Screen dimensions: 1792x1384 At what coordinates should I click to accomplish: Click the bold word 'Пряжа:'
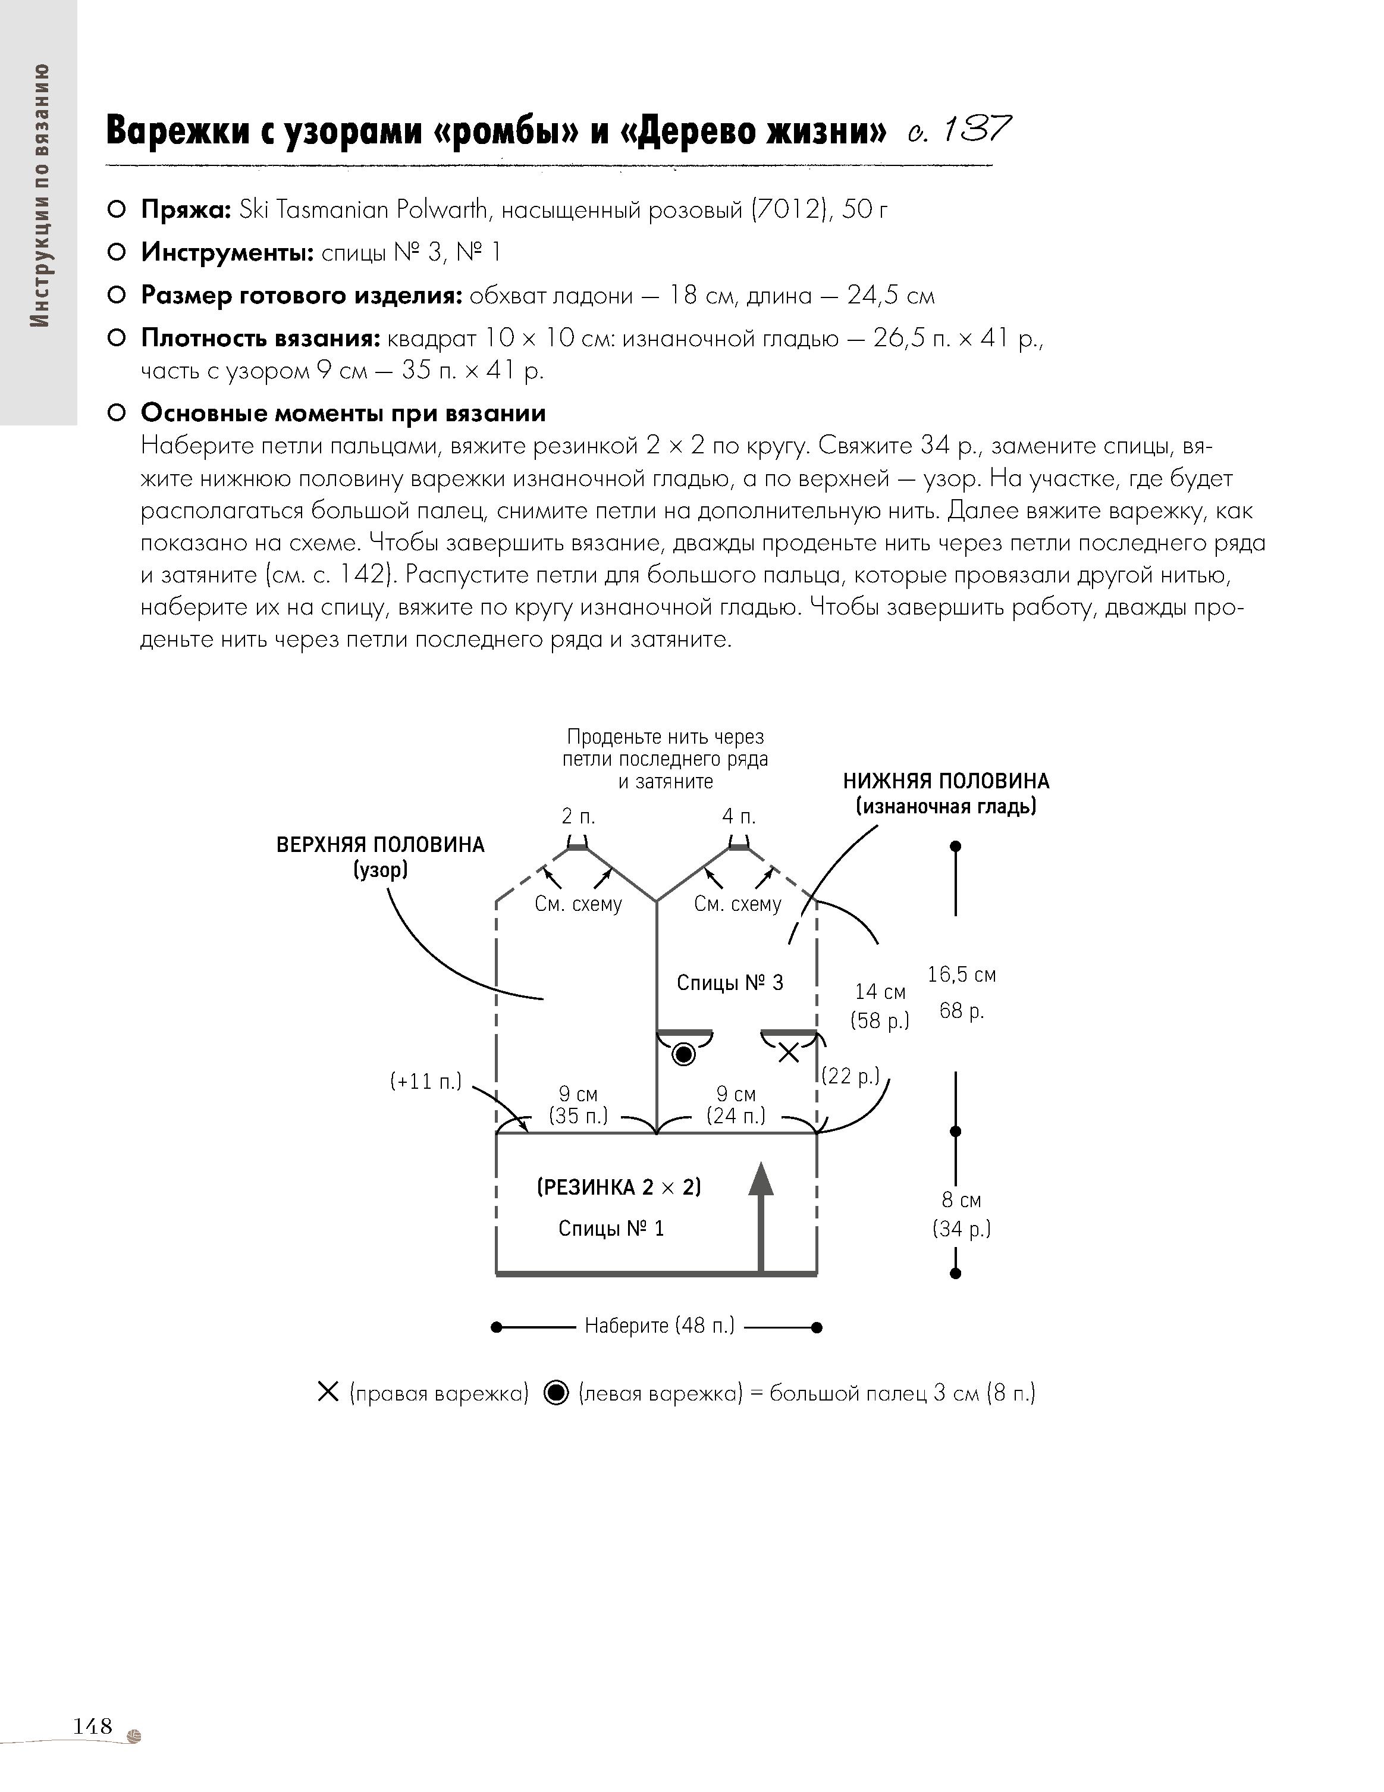click(x=186, y=210)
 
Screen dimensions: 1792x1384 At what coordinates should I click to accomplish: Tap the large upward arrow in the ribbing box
click(x=762, y=1215)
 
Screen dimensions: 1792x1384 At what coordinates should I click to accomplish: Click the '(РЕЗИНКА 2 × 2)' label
click(x=619, y=1188)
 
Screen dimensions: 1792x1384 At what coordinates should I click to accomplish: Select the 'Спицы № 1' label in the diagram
click(x=611, y=1229)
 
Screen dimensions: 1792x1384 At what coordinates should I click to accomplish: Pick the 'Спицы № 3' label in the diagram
click(x=729, y=982)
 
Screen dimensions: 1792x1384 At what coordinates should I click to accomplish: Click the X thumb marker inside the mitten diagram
click(x=789, y=1052)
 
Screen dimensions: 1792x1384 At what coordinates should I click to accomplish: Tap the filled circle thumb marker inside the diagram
click(x=683, y=1054)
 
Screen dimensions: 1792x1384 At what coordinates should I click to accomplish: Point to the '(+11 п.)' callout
click(x=426, y=1080)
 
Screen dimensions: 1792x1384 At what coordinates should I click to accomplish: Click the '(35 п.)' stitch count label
click(x=578, y=1116)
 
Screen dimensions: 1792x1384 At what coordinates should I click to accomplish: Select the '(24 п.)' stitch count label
click(x=736, y=1116)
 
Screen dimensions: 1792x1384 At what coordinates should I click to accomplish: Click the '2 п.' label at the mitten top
click(x=578, y=816)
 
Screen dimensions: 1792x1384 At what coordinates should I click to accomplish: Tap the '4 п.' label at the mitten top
click(x=738, y=816)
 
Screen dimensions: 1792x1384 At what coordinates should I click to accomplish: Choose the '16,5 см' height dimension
click(x=962, y=975)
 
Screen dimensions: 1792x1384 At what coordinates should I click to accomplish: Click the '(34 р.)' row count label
click(x=962, y=1229)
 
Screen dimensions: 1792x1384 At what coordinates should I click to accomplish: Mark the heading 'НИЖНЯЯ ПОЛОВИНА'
click(x=946, y=781)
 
